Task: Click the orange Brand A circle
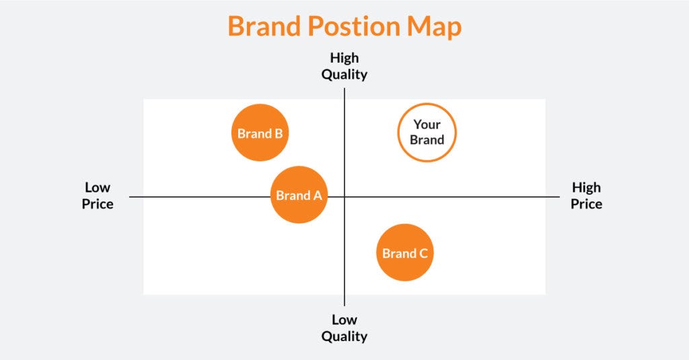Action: click(x=299, y=194)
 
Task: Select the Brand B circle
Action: click(x=260, y=133)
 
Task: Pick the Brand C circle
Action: click(x=404, y=252)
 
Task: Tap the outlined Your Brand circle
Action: click(x=427, y=133)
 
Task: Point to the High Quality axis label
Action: click(x=344, y=66)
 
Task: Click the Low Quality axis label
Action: click(x=344, y=328)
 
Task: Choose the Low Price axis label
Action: click(x=98, y=195)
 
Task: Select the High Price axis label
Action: click(x=586, y=195)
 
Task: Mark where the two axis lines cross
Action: click(x=344, y=196)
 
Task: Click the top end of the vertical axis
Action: click(x=344, y=89)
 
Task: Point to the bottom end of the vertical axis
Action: click(x=344, y=305)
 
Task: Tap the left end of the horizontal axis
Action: click(x=131, y=196)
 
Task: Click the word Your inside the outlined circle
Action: click(x=427, y=124)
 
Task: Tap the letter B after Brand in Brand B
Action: click(x=279, y=133)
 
